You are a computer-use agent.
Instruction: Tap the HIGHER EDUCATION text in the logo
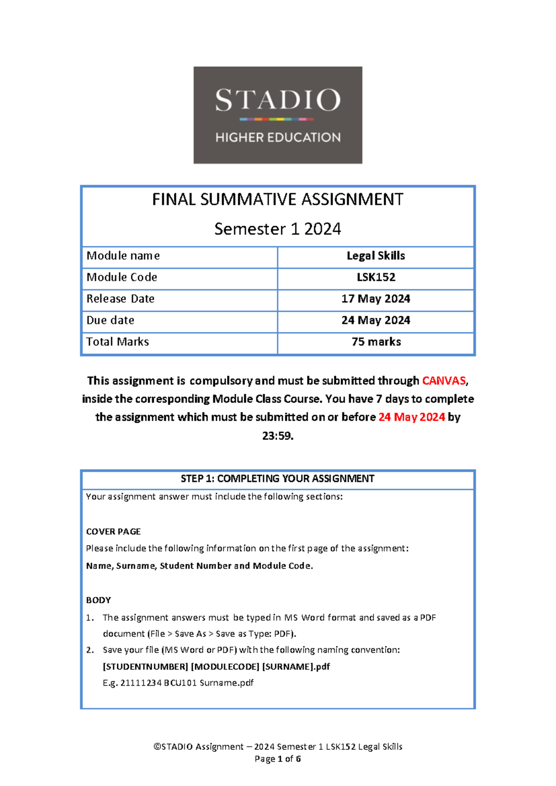click(278, 137)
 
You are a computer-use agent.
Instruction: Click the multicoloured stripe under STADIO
click(277, 119)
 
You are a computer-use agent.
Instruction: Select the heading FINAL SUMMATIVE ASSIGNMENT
click(278, 200)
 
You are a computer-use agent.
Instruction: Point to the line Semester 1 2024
click(278, 229)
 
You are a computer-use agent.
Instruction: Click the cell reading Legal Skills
click(376, 256)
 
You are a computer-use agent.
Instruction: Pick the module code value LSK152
click(376, 277)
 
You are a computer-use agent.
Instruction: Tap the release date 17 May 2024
click(376, 299)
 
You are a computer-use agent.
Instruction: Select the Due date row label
click(110, 320)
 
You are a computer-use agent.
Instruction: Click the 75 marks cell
click(376, 342)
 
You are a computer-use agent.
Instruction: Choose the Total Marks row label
click(118, 342)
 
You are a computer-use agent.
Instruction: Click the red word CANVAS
click(444, 381)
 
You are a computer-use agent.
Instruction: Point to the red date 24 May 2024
click(411, 417)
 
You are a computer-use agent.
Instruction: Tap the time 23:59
click(278, 436)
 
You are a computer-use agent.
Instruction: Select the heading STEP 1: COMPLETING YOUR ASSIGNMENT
click(278, 479)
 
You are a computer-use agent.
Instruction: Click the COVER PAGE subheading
click(114, 532)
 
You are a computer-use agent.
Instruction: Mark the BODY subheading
click(99, 600)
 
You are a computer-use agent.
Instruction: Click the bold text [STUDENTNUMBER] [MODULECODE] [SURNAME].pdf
click(216, 666)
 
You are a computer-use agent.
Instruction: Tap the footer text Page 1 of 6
click(278, 759)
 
